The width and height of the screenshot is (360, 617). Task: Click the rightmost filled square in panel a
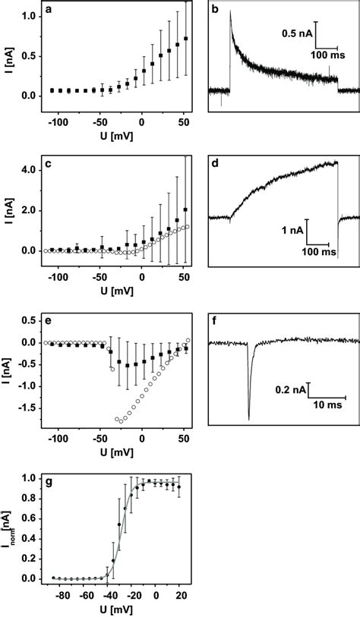click(187, 38)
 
